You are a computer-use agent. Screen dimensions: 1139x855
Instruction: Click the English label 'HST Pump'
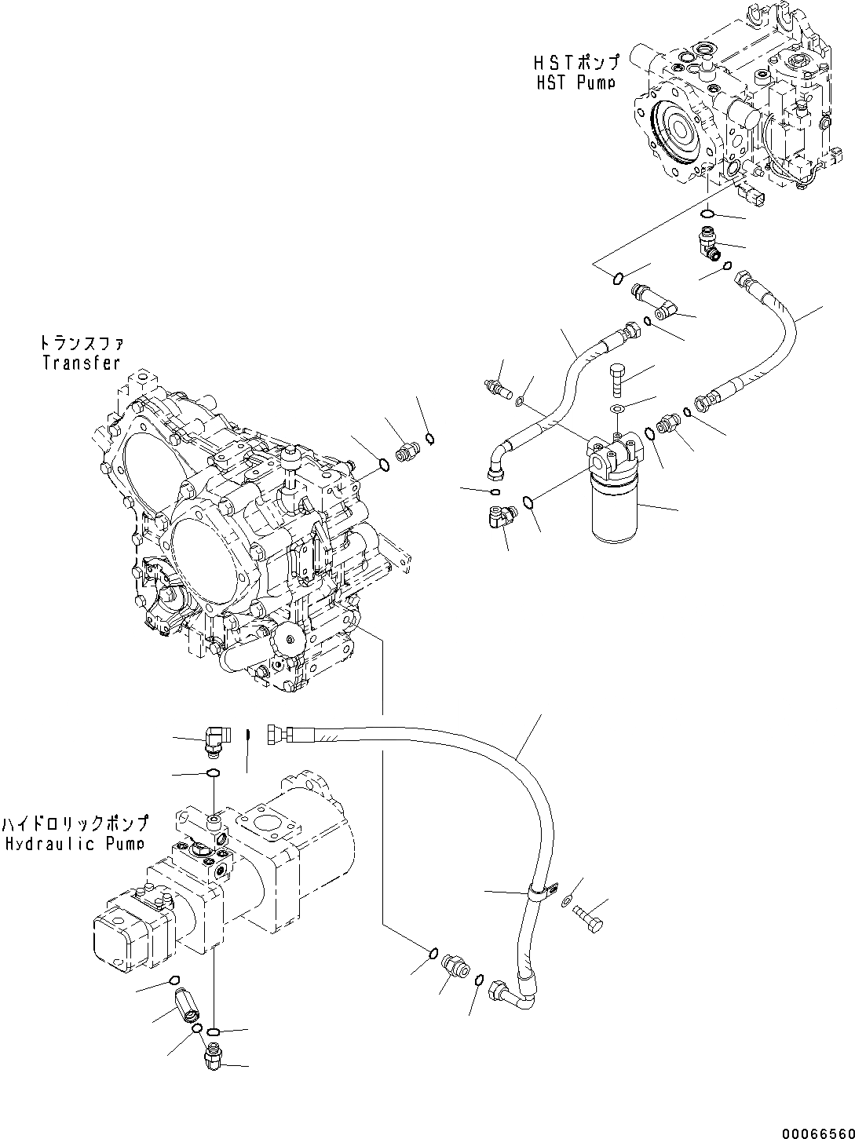(575, 82)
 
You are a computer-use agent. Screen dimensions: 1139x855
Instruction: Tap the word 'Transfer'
(82, 363)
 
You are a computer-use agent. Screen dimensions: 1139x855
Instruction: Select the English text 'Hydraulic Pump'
(73, 844)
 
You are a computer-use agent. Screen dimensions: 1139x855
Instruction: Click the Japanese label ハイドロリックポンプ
(75, 824)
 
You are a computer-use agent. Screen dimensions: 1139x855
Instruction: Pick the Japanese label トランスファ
(82, 344)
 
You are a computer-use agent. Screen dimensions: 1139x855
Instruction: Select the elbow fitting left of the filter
(498, 518)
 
